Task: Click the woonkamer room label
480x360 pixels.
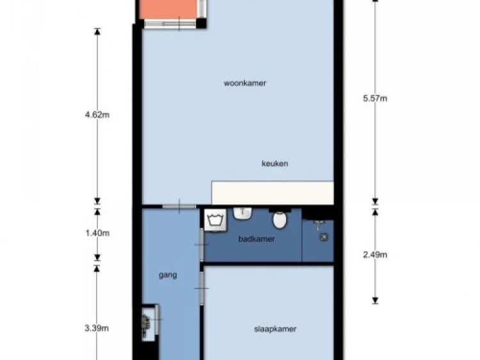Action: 245,83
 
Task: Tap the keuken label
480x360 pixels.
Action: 275,164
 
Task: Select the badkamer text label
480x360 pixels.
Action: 256,239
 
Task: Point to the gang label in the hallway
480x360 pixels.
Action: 168,276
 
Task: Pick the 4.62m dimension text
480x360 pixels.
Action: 97,116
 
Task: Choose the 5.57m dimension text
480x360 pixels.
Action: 375,98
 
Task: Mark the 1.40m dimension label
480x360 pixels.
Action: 97,233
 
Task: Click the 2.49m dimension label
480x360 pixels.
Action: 375,254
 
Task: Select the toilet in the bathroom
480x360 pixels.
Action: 280,221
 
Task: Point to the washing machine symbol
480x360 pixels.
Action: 213,220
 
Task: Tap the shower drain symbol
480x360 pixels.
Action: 324,237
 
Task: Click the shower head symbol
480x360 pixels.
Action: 319,223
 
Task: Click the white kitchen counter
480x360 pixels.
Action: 273,192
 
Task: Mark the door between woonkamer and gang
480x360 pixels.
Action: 179,205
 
